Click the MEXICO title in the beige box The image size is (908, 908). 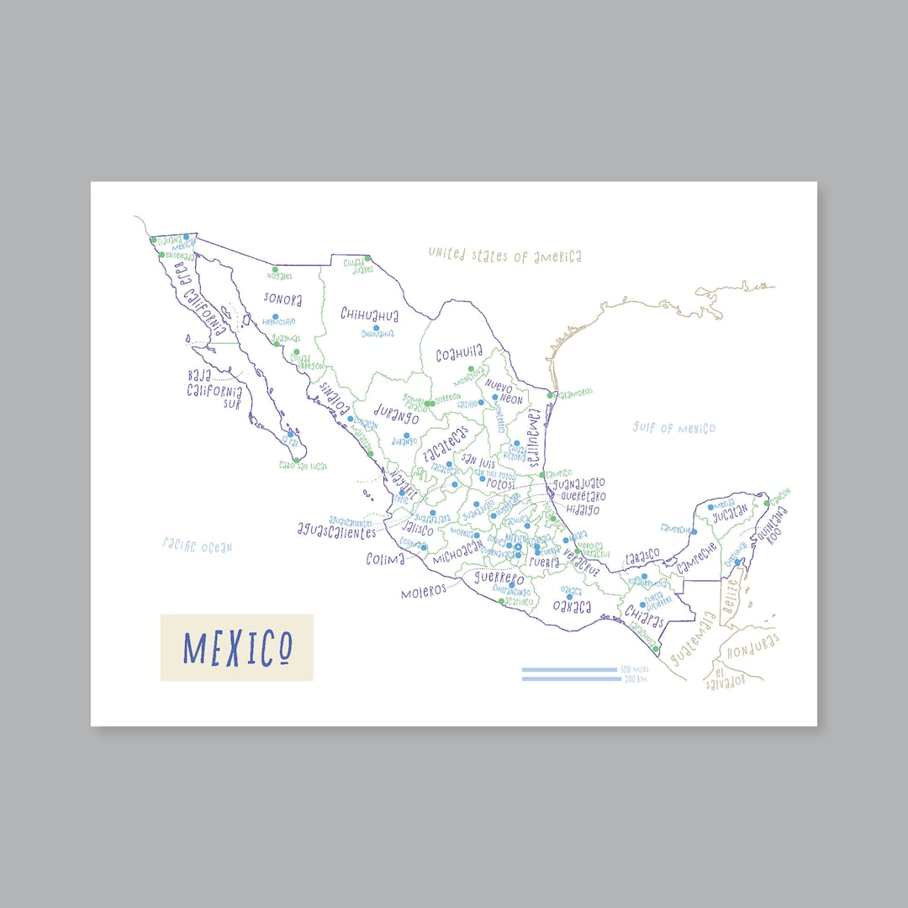tap(238, 647)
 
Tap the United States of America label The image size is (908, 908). tap(504, 255)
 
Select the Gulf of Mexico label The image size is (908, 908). tap(674, 428)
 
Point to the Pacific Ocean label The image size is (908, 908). tap(198, 546)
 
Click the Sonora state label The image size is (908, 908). tap(282, 298)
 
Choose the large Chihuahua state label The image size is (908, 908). tap(369, 314)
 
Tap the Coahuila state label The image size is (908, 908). tap(459, 355)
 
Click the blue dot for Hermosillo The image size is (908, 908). tap(275, 317)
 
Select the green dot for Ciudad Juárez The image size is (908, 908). tap(367, 258)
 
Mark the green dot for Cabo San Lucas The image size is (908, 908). tap(296, 459)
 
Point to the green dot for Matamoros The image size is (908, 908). tap(550, 395)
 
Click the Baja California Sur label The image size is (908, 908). tap(215, 387)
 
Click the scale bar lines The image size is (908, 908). tap(570, 674)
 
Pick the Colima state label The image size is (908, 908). tap(386, 558)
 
